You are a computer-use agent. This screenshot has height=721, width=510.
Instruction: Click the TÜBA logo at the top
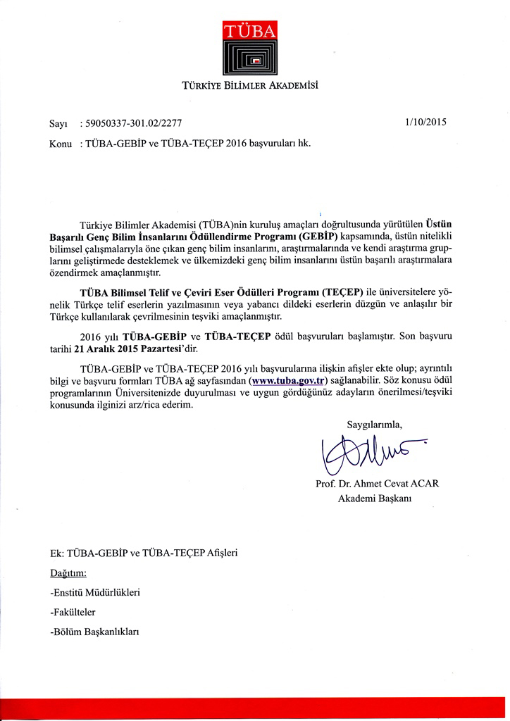254,49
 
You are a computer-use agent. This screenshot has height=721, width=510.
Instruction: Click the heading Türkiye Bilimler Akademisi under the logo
254,87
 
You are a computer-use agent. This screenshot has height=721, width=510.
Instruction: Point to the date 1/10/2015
427,121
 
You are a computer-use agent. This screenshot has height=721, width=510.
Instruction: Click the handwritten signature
369,454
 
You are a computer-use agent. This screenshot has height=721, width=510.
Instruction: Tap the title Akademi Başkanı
375,499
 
